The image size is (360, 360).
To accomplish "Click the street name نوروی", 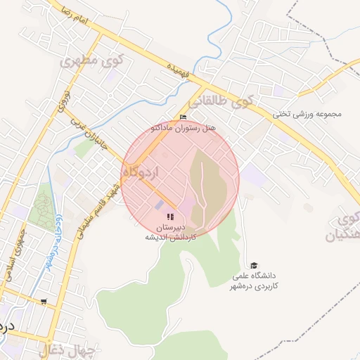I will click(x=63, y=101).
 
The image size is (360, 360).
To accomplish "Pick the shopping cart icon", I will click(x=44, y=302).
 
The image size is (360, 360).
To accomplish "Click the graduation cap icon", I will click(x=254, y=265).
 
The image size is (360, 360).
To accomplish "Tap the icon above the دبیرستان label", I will click(x=169, y=217).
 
